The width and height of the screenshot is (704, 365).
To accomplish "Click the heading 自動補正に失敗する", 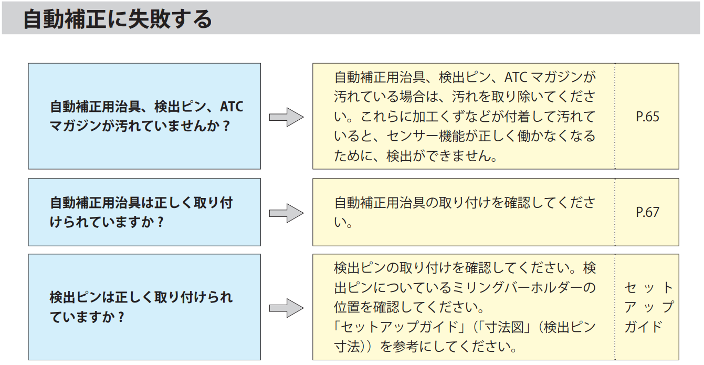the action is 118,19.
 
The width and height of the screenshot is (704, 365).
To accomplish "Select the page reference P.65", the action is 647,117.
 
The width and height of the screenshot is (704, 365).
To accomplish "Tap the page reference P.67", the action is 647,212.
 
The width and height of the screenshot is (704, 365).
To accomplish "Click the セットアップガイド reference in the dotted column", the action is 649,307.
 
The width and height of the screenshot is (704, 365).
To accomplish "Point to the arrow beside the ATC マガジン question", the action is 286,117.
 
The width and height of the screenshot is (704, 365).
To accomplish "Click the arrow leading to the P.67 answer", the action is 286,213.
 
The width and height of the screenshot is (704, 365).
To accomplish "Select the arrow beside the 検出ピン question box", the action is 286,308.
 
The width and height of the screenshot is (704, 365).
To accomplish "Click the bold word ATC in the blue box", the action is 232,107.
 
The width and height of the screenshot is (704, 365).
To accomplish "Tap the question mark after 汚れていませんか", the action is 226,126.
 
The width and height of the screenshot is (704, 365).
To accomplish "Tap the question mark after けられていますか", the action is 160,222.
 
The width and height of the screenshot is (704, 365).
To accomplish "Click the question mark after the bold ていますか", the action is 121,317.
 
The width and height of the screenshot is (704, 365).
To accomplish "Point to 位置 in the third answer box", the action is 346,307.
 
